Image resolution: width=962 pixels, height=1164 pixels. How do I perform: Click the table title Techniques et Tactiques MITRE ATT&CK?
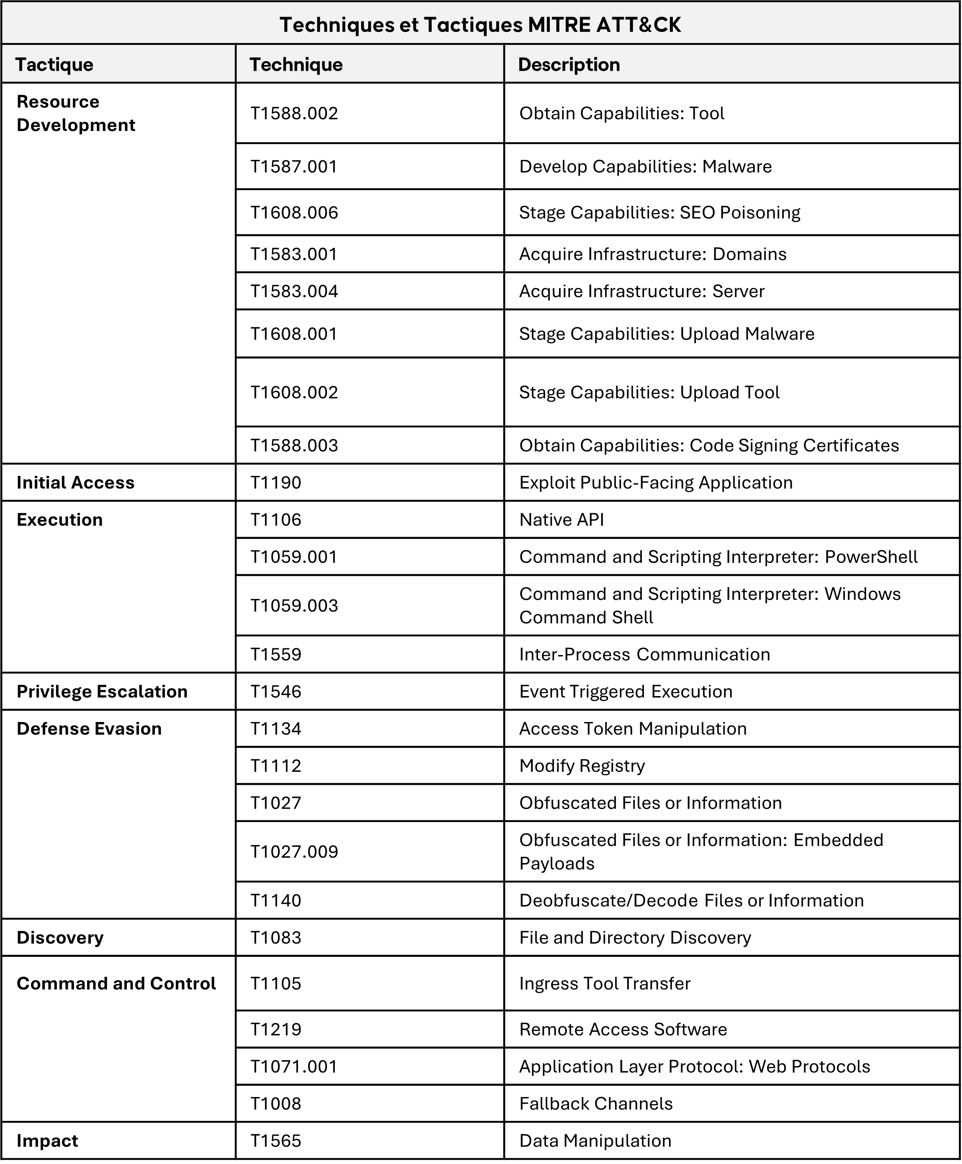480,25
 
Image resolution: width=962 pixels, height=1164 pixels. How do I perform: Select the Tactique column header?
54,65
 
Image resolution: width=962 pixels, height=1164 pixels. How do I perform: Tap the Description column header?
569,65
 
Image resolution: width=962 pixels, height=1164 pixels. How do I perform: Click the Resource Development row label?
76,113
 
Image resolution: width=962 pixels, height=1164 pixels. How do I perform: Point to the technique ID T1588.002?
294,113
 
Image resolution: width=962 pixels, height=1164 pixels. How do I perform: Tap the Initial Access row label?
75,483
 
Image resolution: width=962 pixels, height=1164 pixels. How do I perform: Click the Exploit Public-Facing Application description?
656,483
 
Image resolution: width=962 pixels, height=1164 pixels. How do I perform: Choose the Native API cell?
562,520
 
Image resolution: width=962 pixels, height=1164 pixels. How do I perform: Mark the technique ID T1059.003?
294,606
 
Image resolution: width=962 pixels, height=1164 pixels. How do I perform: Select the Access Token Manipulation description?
633,729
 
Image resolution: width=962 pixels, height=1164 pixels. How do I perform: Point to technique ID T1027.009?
294,852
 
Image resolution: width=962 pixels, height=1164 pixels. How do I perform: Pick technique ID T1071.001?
294,1067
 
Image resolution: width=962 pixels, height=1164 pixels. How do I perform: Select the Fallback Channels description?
596,1104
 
